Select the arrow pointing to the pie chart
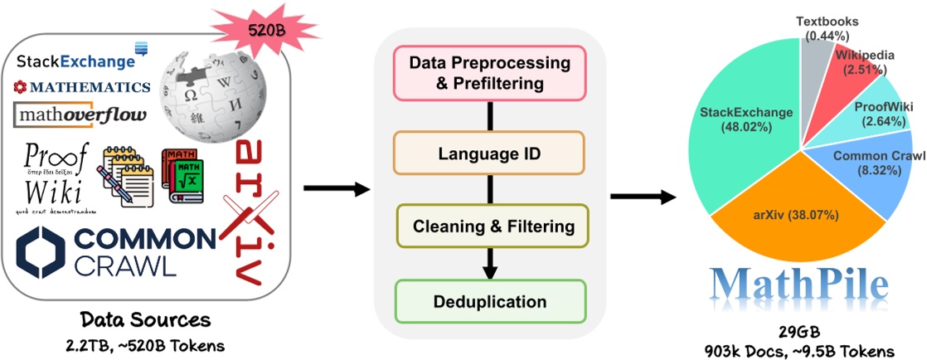641,197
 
